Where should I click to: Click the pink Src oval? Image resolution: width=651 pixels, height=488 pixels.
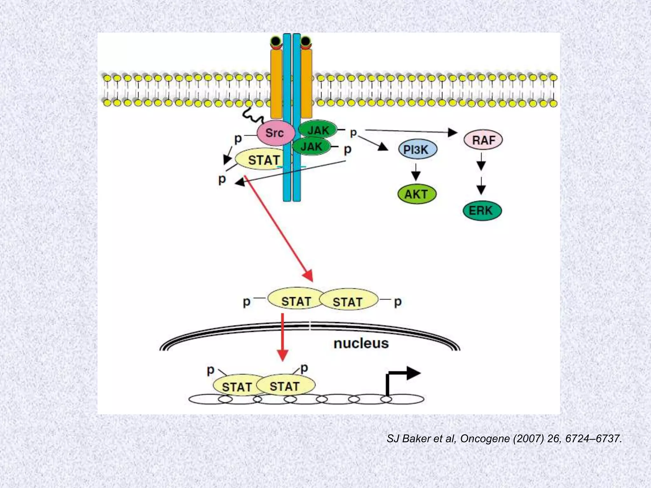point(275,133)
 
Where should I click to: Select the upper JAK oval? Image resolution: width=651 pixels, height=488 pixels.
point(318,130)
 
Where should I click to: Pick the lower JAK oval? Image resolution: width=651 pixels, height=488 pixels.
point(312,146)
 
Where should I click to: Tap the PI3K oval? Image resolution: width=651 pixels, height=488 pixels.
point(417,150)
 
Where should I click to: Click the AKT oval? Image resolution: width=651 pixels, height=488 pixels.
point(417,194)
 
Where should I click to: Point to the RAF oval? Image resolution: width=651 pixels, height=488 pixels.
point(483,140)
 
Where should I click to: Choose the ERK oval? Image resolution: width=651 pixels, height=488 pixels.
point(482,211)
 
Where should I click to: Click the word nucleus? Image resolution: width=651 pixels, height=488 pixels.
point(361,343)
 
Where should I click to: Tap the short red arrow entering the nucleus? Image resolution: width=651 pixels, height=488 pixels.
point(282,337)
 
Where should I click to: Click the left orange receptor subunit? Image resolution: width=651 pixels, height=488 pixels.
point(276,83)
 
